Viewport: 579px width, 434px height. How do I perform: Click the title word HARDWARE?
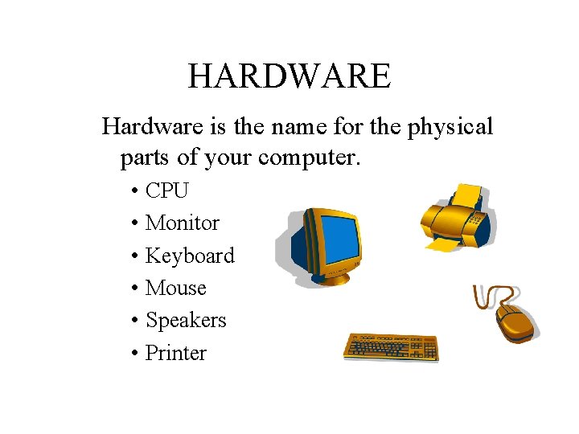pos(289,76)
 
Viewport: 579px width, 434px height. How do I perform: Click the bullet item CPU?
pos(166,190)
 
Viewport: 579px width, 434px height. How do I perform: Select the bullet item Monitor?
pos(182,223)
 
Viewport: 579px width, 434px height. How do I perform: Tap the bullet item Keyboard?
pos(190,256)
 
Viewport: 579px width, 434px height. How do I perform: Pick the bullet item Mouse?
pos(175,288)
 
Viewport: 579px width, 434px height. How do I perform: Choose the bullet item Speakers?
pos(186,320)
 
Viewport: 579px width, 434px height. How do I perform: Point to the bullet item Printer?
pos(175,353)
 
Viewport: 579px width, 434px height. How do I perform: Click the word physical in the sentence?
pos(450,127)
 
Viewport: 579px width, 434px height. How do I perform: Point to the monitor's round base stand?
pos(329,277)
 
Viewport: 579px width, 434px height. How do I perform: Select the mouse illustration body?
pos(515,322)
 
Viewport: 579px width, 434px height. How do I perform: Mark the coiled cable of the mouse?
pos(486,297)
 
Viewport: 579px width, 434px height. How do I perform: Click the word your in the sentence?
pos(228,158)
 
